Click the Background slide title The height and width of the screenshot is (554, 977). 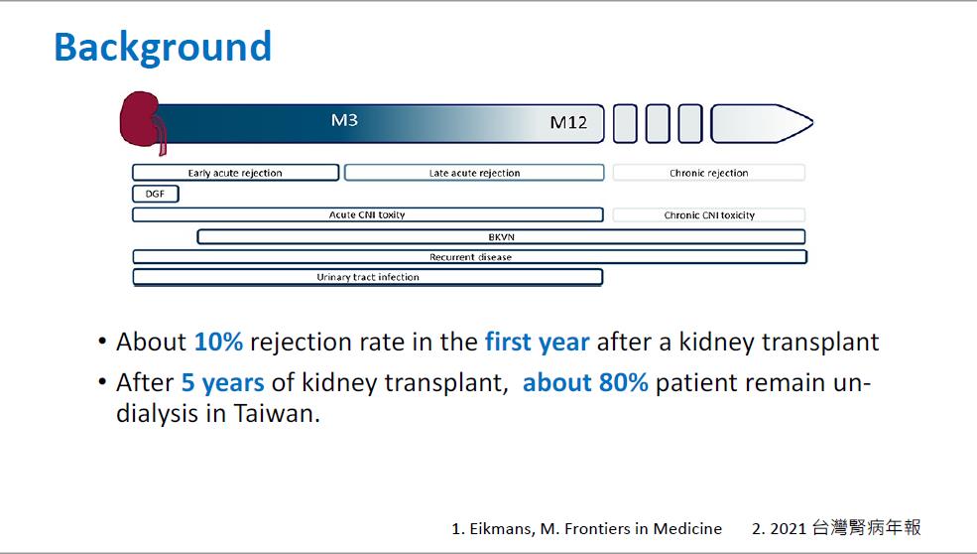pos(163,48)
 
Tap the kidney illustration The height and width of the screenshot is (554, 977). pos(141,121)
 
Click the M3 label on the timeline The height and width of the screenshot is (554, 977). pos(344,120)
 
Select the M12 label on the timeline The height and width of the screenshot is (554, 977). pos(568,122)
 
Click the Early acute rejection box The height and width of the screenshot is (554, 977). pos(235,173)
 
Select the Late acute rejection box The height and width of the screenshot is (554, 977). pos(474,173)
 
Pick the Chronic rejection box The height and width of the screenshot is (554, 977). pos(709,173)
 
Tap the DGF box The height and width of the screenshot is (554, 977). pos(155,194)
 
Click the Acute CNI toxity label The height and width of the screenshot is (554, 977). pos(367,214)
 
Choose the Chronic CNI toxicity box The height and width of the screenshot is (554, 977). pos(709,215)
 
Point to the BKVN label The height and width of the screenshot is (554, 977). pos(502,237)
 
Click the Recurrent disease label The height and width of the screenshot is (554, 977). pos(470,257)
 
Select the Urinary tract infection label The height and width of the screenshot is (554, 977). pos(368,277)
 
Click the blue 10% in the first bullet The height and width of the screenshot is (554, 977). pos(218,342)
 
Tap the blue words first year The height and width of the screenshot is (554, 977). pos(537,342)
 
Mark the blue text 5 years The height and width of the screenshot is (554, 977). pos(222,383)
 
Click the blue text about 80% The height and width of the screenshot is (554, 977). pos(585,382)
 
